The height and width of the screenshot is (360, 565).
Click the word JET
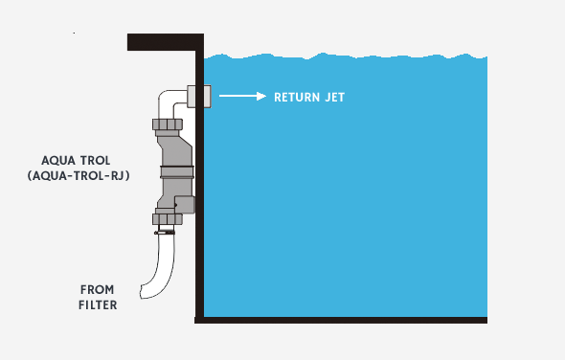332,97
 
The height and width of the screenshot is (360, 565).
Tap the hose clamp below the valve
167,232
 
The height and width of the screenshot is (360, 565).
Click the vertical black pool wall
200,211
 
